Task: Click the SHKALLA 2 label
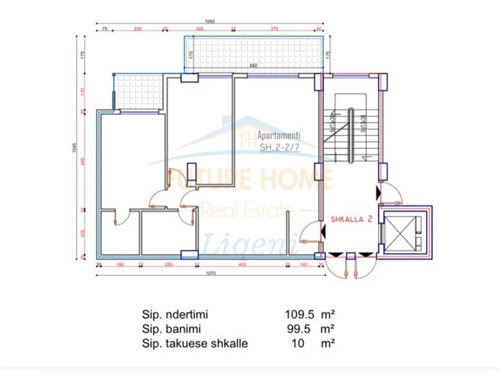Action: (352, 220)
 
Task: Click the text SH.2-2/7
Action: (281, 148)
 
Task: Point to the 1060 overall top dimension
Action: (210, 22)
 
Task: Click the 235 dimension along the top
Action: (138, 29)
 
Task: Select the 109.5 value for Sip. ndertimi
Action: (299, 314)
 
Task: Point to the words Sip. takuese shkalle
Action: (194, 344)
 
